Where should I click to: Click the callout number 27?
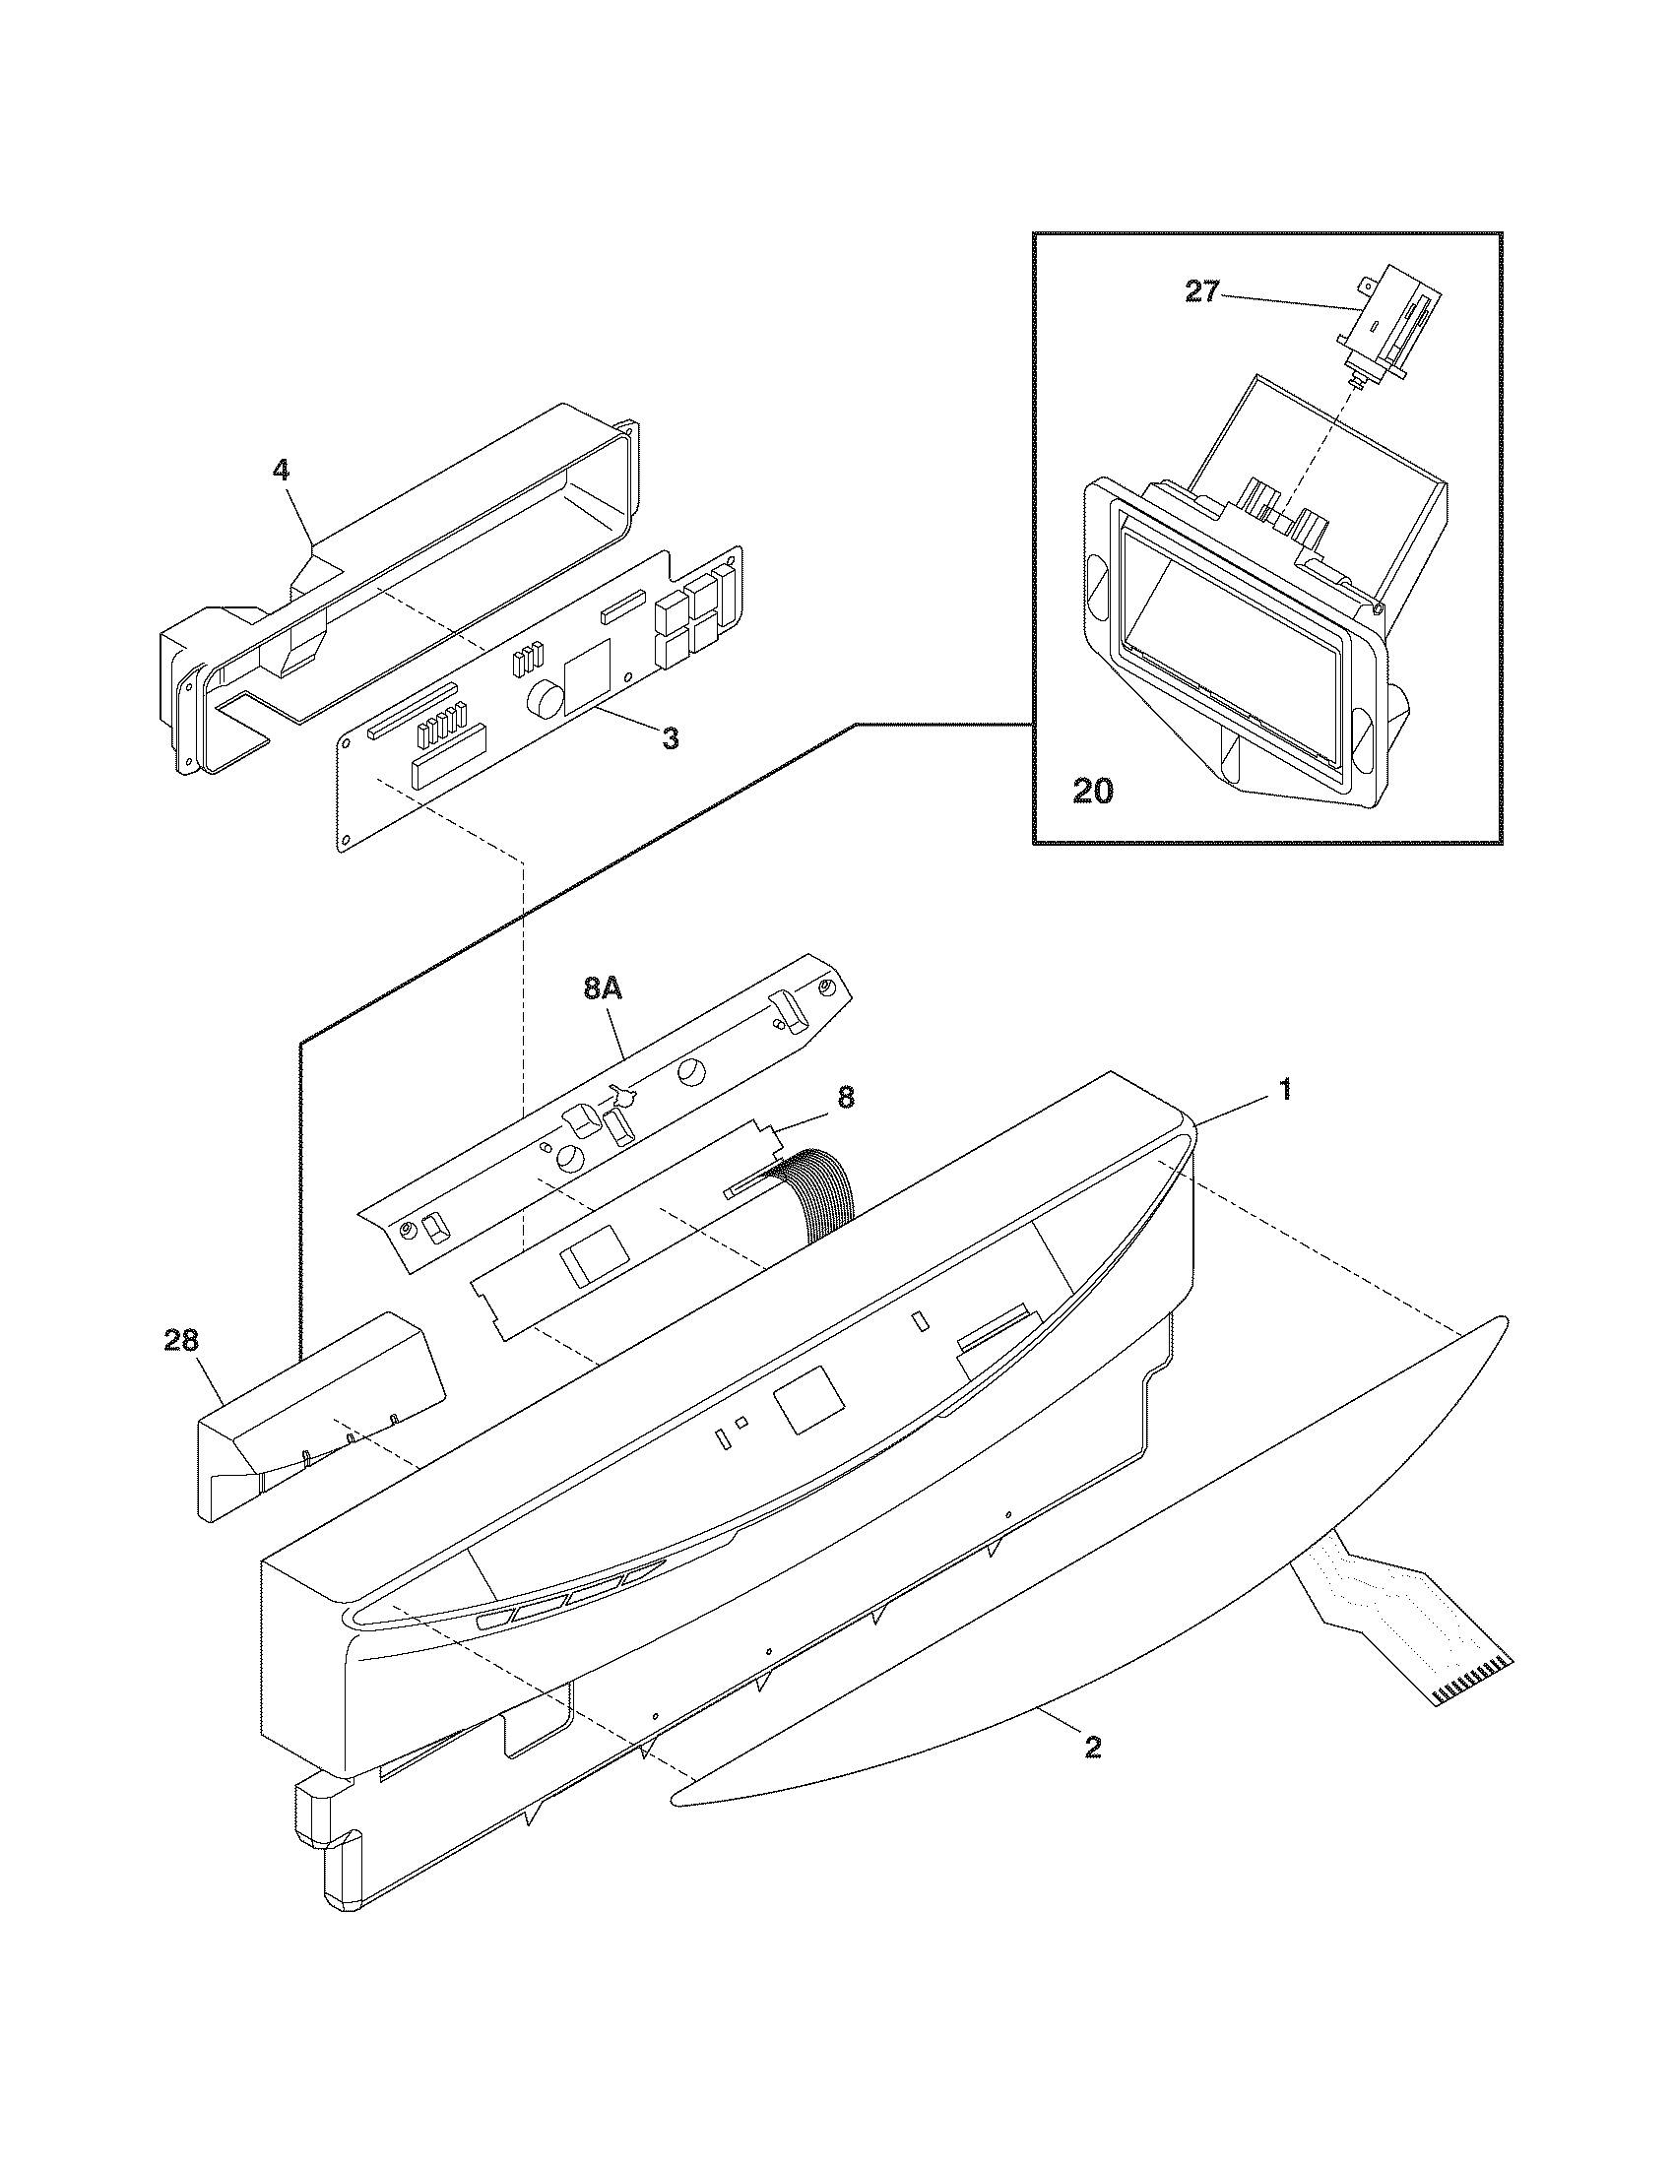[1201, 292]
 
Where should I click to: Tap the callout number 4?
[281, 469]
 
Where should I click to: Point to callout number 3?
[671, 737]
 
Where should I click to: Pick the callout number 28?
[181, 1341]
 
